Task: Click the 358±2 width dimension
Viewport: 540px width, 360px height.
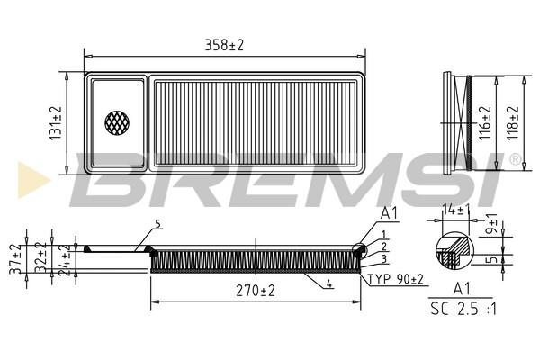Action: coord(224,45)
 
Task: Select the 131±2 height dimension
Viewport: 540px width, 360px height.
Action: coord(56,123)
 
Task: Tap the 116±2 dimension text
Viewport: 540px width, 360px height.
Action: coord(485,122)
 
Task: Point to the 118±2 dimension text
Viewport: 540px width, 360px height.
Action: coord(512,122)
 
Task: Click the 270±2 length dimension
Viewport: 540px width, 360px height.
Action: coord(256,291)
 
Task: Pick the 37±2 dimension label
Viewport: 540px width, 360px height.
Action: coord(16,259)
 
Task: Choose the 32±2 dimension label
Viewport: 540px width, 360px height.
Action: coord(40,257)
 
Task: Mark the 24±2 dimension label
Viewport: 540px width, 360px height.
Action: coord(65,260)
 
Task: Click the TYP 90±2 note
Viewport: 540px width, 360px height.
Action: coord(396,279)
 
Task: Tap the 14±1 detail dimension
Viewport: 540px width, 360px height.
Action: coord(456,210)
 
